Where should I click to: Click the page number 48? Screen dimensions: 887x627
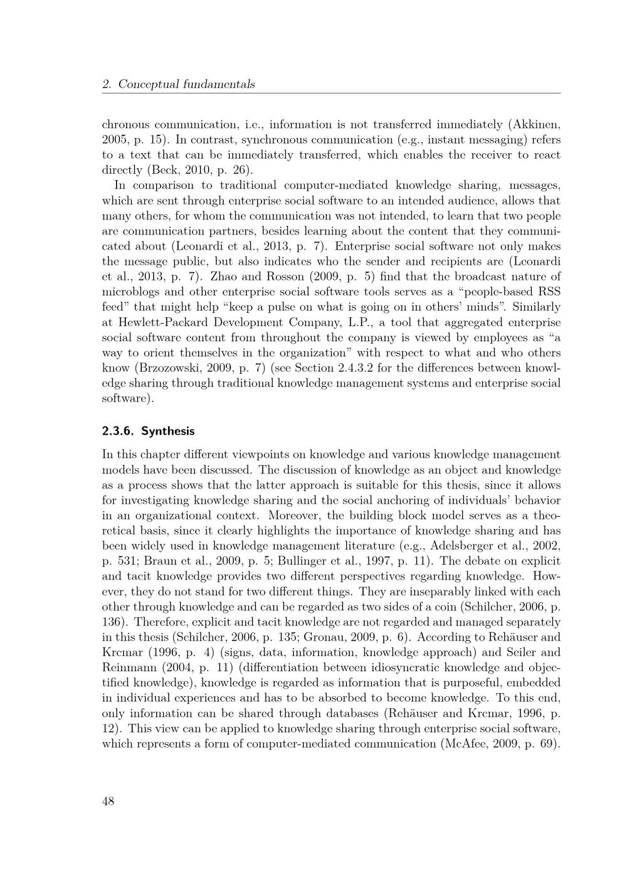click(x=108, y=801)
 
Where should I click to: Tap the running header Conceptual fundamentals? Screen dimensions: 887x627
click(x=186, y=84)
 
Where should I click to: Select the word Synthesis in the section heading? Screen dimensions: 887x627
click(x=168, y=431)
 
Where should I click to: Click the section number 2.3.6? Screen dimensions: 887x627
click(x=119, y=431)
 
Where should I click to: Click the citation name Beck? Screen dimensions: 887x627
click(x=165, y=170)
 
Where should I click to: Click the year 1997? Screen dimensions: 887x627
click(x=377, y=561)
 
